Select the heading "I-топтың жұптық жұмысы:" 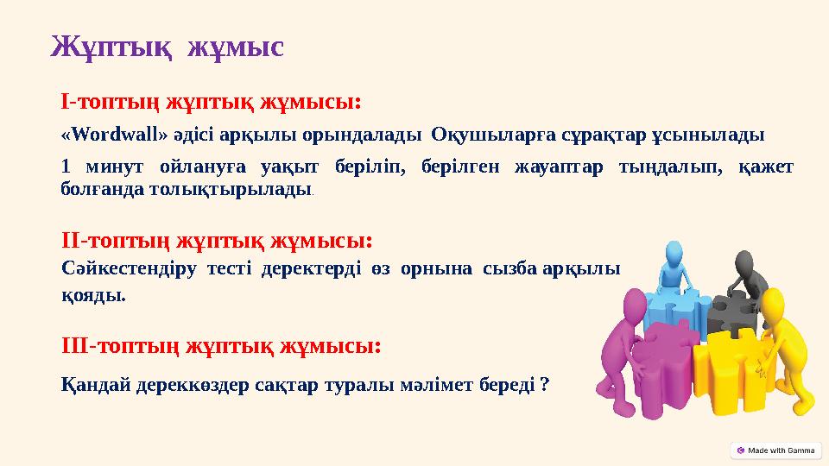211,102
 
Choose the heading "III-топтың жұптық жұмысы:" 222,346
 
